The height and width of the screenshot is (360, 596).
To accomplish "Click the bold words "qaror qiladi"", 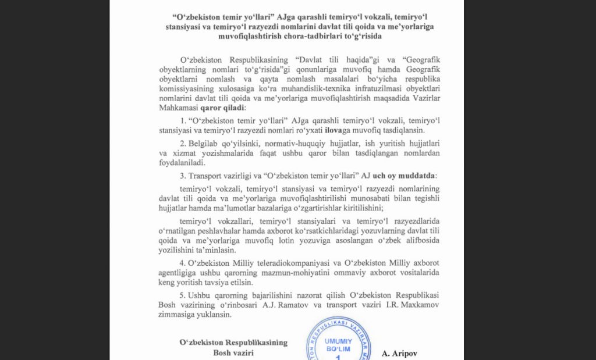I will (223, 108).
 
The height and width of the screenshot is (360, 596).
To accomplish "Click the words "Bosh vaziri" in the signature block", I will (233, 352).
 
